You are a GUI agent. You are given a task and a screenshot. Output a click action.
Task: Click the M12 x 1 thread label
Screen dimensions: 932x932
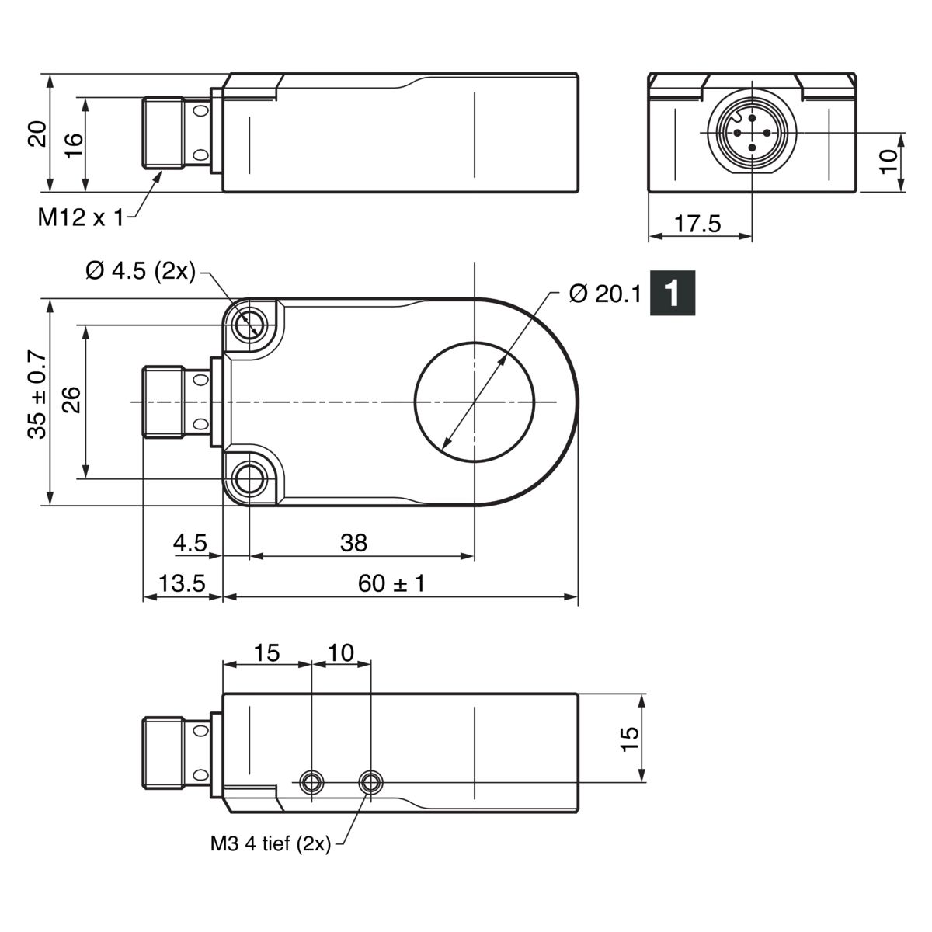[81, 217]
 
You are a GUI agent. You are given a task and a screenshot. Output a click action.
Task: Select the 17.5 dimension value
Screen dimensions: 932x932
[697, 224]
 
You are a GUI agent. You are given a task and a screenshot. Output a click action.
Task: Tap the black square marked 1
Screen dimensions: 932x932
[673, 293]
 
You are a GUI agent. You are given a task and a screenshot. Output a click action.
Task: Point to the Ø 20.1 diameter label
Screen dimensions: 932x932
[605, 294]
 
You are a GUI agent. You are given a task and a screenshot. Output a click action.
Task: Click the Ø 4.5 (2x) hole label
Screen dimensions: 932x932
[141, 270]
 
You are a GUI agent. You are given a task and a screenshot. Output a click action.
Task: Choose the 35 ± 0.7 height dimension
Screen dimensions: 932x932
[37, 395]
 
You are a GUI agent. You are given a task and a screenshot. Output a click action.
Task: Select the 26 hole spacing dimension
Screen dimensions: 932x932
[72, 399]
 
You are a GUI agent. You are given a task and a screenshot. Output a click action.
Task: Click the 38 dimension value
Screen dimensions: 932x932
[353, 543]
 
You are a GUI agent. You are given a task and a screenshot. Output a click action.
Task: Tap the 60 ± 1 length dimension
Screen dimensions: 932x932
[391, 583]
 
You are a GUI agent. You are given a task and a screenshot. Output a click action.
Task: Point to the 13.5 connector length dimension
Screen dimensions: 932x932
[182, 583]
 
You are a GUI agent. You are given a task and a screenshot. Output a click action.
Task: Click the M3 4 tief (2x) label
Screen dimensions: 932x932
[270, 843]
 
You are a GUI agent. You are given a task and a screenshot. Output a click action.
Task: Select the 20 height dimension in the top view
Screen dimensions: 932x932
[37, 134]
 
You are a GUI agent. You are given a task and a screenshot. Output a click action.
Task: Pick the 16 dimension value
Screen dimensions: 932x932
[74, 145]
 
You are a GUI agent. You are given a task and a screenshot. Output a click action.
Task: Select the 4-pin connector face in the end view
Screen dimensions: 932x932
[752, 133]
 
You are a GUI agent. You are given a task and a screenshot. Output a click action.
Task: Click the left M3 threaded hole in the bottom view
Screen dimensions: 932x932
[311, 782]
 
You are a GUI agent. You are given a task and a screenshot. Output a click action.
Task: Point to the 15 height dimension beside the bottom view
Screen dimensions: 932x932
[629, 739]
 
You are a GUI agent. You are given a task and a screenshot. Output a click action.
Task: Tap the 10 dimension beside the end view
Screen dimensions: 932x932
[889, 161]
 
